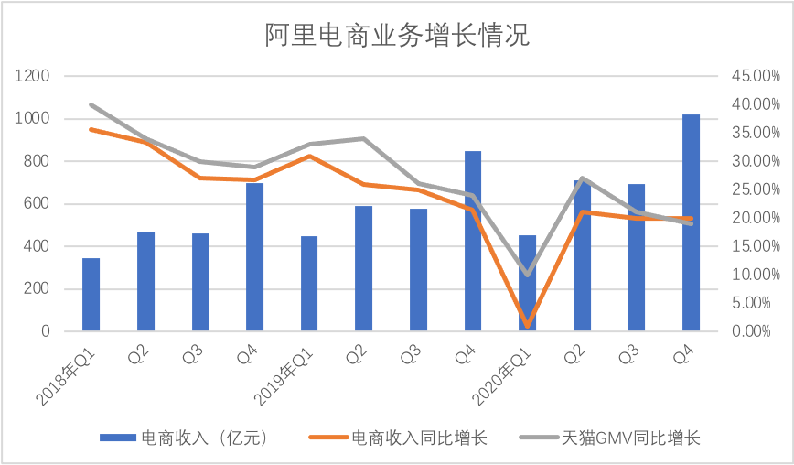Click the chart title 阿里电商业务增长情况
397,37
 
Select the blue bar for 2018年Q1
91,295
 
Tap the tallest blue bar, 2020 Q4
692,222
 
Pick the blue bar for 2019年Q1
309,284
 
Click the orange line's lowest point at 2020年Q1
528,325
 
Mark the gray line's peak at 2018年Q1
91,105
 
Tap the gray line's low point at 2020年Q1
528,274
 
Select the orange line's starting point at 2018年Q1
91,129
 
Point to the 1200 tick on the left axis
33,76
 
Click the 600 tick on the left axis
37,203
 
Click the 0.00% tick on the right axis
756,331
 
